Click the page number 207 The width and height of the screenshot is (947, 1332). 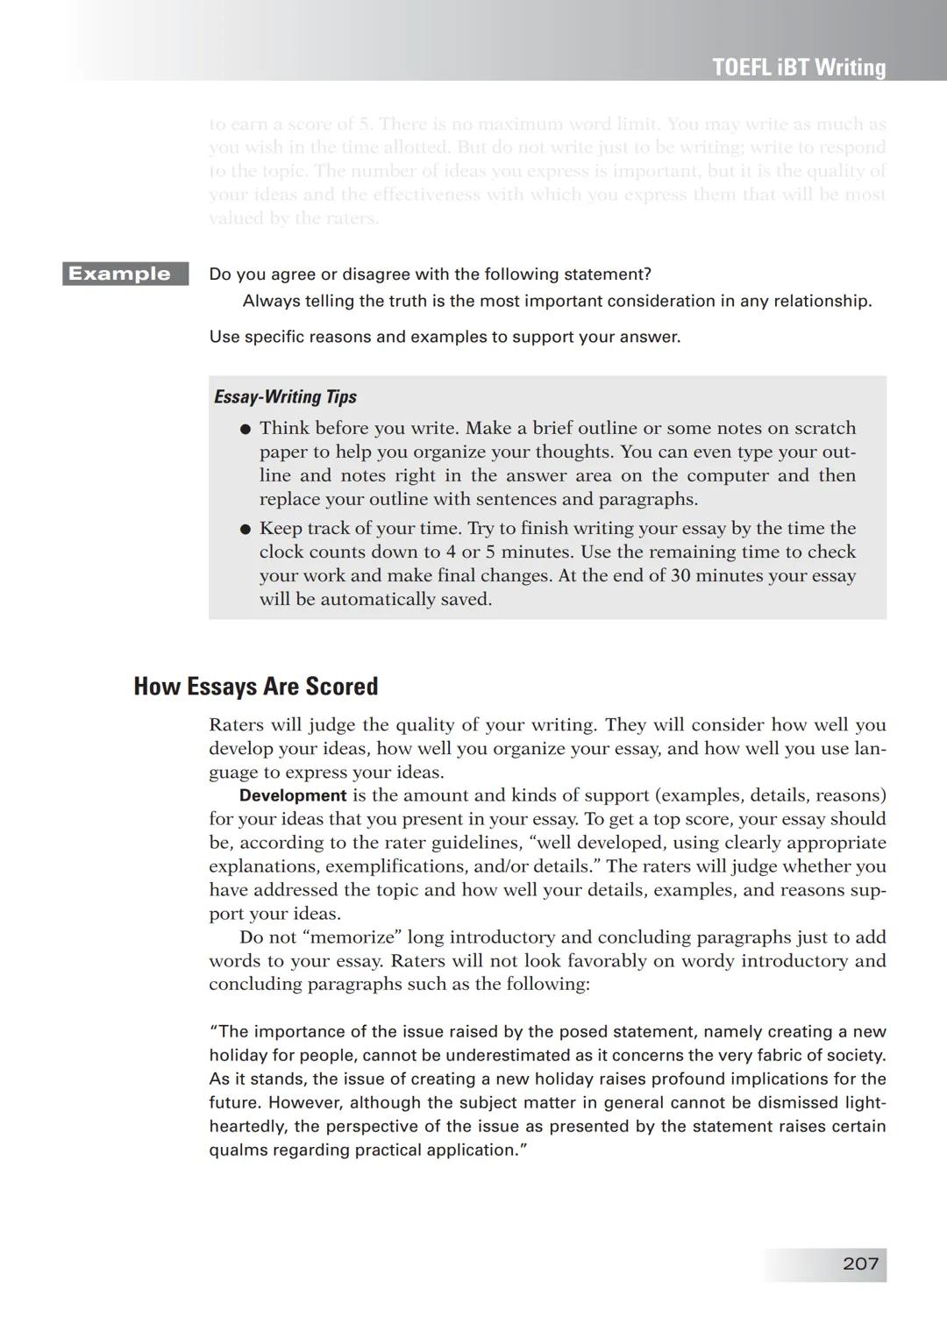click(x=860, y=1264)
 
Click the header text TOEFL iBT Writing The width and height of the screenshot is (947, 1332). click(x=799, y=68)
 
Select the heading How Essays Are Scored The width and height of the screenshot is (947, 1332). click(x=255, y=686)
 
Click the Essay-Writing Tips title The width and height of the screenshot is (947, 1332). click(x=285, y=396)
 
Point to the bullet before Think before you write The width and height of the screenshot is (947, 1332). click(x=246, y=429)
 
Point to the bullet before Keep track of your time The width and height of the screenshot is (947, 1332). click(x=246, y=529)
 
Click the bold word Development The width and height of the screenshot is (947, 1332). click(x=293, y=795)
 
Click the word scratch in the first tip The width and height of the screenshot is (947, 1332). click(x=824, y=428)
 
